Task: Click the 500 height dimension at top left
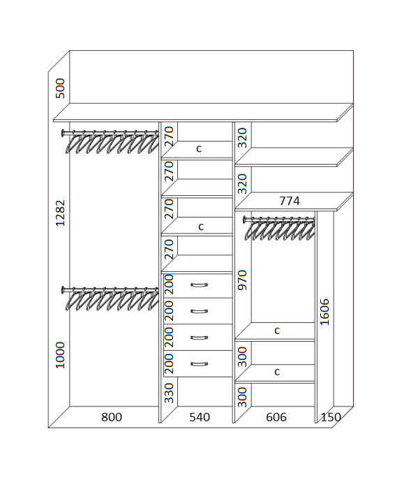coord(60,89)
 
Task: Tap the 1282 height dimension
coord(60,213)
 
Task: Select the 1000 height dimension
coord(60,355)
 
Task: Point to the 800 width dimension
coord(112,417)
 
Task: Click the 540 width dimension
coord(200,417)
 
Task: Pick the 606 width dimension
coord(276,417)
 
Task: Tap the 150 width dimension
coord(331,417)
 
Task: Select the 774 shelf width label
coord(290,201)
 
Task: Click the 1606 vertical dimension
coord(325,312)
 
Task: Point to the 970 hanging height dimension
coord(242,280)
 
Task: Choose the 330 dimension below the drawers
coord(169,393)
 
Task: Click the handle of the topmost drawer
coord(200,285)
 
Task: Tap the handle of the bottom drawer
coord(200,364)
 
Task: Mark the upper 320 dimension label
coord(242,138)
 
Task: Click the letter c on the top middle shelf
coord(199,149)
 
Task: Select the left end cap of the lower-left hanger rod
coord(63,290)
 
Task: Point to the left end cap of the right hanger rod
coord(245,219)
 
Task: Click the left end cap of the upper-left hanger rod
coord(63,133)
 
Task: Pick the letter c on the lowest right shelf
coord(277,372)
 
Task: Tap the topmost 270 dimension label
coord(169,136)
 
